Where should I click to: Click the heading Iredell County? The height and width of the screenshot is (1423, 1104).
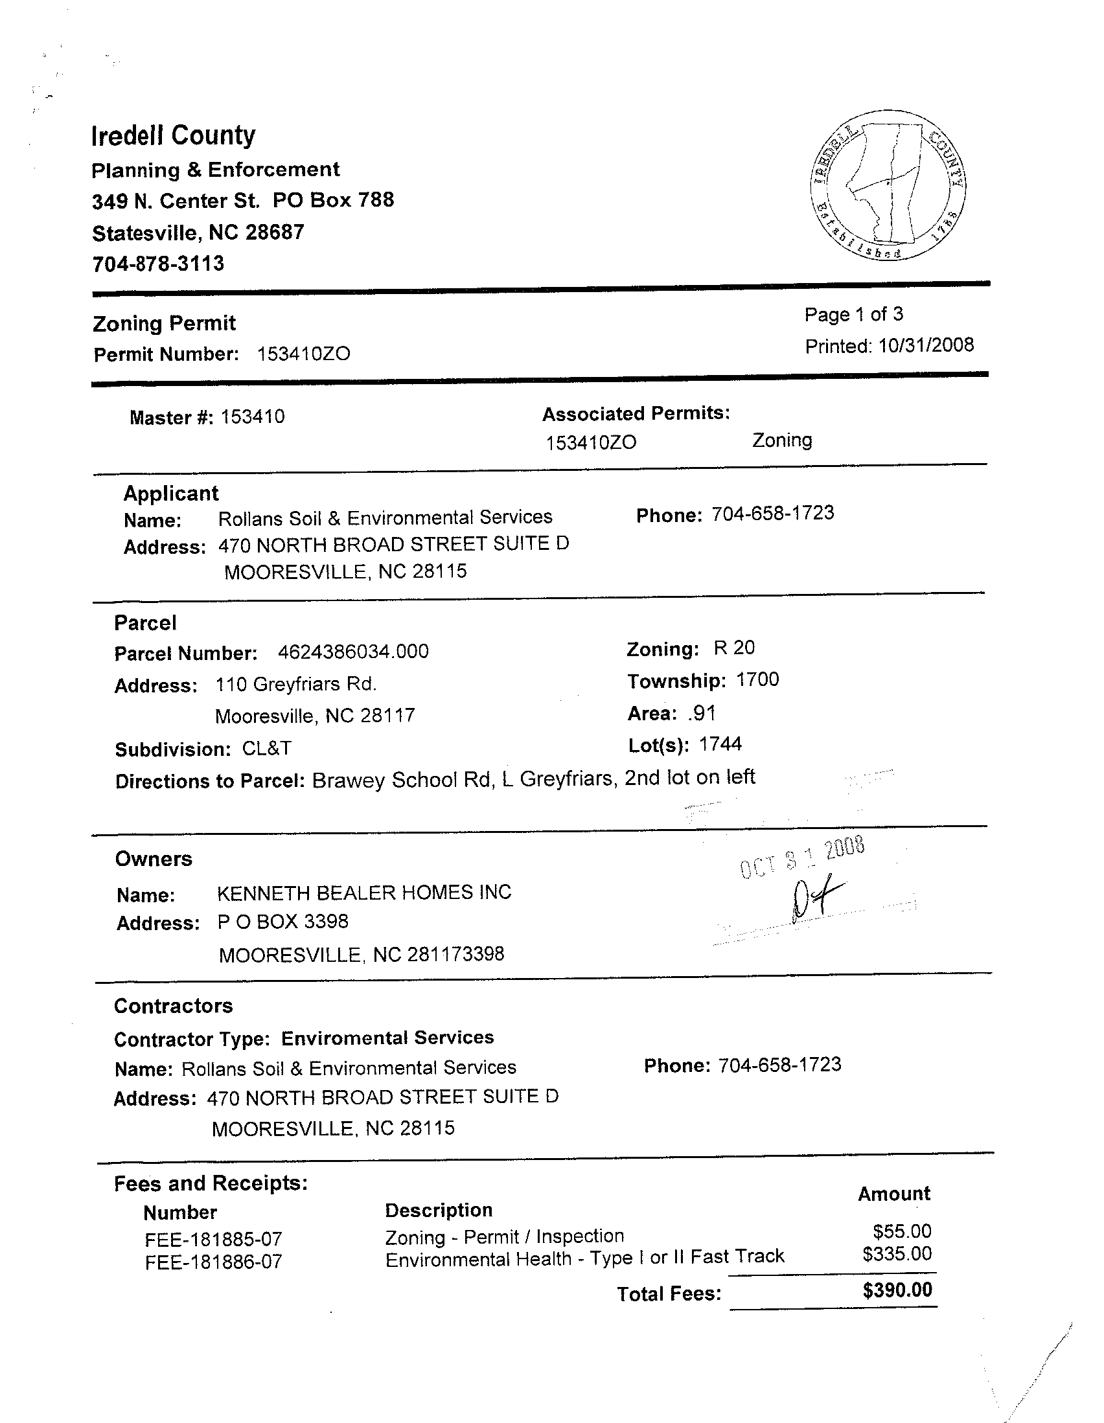(x=174, y=135)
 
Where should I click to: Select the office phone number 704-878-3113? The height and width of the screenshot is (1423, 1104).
(x=157, y=264)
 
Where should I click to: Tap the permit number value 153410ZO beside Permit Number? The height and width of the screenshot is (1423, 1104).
(x=304, y=354)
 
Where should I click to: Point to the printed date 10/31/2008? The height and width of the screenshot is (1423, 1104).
(x=925, y=345)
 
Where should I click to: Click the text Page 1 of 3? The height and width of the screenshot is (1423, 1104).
(x=854, y=315)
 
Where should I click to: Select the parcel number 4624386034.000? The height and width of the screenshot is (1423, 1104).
(x=353, y=652)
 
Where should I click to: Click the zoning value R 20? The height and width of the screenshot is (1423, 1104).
(x=734, y=648)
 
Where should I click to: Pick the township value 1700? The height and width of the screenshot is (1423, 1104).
(x=757, y=680)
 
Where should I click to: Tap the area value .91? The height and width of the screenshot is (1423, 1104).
(x=701, y=714)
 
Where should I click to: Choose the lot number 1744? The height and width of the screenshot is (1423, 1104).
(x=720, y=744)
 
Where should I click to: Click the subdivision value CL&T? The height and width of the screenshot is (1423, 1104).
(x=266, y=749)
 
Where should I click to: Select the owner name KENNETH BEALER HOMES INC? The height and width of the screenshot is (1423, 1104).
(x=363, y=893)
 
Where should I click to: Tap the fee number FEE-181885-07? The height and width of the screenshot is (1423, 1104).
(x=213, y=1239)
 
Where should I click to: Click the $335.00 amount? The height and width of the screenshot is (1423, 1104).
(x=897, y=1254)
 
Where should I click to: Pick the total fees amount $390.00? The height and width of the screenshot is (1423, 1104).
(x=897, y=1291)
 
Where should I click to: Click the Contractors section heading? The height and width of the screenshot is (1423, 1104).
(x=174, y=1006)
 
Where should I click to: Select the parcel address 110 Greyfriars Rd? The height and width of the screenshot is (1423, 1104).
(x=296, y=685)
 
